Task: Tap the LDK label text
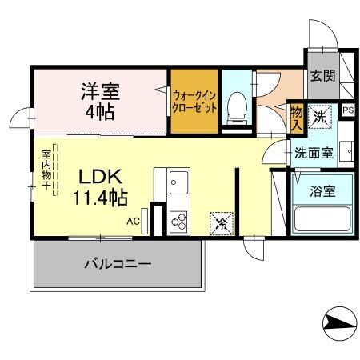(x=100, y=176)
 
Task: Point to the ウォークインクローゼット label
(x=194, y=102)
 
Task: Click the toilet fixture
(x=237, y=106)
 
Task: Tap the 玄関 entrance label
(x=322, y=77)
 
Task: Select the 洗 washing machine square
(x=320, y=117)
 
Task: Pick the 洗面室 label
(x=314, y=153)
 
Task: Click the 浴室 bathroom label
(x=322, y=192)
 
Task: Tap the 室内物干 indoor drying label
(x=47, y=171)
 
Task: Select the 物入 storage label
(x=296, y=117)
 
